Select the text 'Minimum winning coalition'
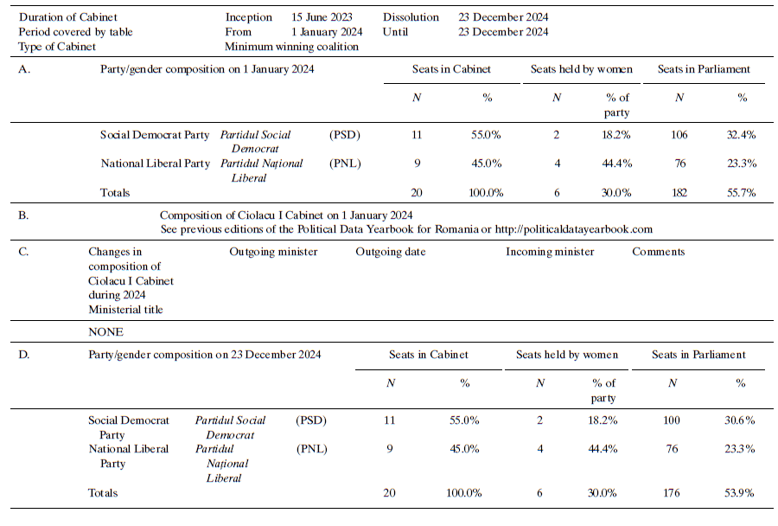pyautogui.click(x=291, y=47)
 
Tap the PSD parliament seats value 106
pyautogui.click(x=679, y=135)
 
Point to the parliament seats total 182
pyautogui.click(x=679, y=193)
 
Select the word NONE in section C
pyautogui.click(x=105, y=332)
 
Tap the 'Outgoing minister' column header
pyautogui.click(x=273, y=252)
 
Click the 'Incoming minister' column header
pyautogui.click(x=550, y=252)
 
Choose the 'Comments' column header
pyautogui.click(x=658, y=252)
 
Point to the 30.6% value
pyautogui.click(x=739, y=420)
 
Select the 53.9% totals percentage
pyautogui.click(x=739, y=493)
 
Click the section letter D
pyautogui.click(x=23, y=355)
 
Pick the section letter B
pyautogui.click(x=23, y=215)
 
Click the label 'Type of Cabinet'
pyautogui.click(x=56, y=47)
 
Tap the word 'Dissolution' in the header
pyautogui.click(x=411, y=17)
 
